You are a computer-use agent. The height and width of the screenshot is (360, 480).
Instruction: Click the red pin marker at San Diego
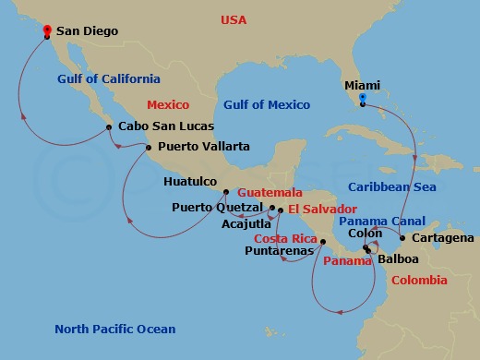coord(47,30)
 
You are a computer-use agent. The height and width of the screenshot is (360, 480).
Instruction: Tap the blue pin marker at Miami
coord(363,98)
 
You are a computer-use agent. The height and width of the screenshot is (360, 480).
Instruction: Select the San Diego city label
coord(89,30)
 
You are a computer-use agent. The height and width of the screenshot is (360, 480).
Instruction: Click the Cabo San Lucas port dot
coord(109,127)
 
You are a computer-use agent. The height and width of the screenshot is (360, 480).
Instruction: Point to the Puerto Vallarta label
coord(203,146)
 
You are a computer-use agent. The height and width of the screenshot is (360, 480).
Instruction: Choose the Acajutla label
coord(246,223)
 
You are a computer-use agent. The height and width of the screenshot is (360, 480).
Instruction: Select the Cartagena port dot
coord(402,238)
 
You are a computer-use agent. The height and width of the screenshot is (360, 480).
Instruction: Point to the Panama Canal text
coord(381,222)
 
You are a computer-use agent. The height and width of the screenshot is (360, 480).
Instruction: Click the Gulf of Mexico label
coord(267,104)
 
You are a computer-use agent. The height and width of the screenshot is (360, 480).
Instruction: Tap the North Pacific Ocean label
coord(114,330)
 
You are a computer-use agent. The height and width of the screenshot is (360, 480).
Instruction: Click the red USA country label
coord(234,20)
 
